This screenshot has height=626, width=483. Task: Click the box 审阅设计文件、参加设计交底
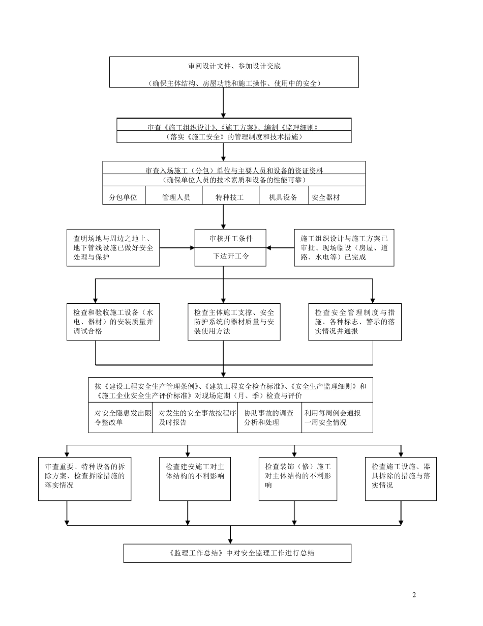click(x=234, y=72)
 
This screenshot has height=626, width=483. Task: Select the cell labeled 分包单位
click(x=124, y=197)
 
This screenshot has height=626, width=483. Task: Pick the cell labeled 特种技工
click(x=230, y=197)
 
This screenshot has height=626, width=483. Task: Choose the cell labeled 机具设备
click(x=283, y=197)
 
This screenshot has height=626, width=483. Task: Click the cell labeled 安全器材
click(x=326, y=197)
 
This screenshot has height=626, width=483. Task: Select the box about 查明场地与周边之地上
click(x=113, y=247)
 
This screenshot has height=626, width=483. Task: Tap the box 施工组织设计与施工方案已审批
click(x=344, y=247)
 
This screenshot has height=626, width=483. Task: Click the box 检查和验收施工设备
click(x=113, y=322)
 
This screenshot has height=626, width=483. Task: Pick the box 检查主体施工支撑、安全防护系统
click(x=234, y=322)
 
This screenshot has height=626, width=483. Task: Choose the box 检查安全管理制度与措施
click(x=354, y=322)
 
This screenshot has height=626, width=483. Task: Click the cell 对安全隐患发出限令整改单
click(x=120, y=418)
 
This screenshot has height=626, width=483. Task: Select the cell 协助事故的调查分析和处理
click(x=269, y=418)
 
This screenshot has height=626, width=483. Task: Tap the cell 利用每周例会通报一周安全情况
click(x=337, y=418)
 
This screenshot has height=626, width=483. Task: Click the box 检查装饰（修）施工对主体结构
click(x=297, y=478)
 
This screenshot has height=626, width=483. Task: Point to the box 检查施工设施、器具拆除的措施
click(x=401, y=478)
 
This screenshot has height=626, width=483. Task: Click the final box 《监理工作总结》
click(x=237, y=553)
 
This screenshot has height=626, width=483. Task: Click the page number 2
click(x=413, y=595)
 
